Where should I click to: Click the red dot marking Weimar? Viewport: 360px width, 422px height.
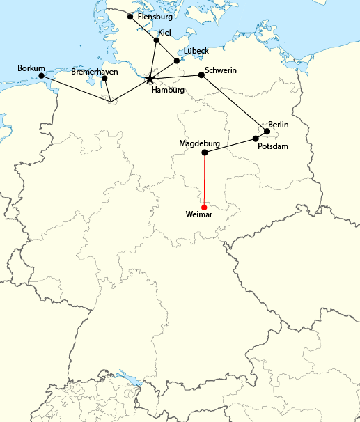[x=204, y=208]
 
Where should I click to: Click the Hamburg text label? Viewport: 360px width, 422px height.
[x=168, y=90]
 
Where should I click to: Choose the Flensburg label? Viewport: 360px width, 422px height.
[x=155, y=16]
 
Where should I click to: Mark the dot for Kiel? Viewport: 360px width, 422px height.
[x=157, y=40]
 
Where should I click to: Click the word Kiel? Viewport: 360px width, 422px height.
[x=165, y=32]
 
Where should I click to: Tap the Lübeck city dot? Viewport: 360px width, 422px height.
[x=177, y=61]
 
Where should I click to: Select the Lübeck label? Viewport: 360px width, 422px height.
[x=196, y=51]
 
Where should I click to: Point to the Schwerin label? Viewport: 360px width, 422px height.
[x=221, y=70]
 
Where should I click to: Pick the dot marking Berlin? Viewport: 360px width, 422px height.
[x=267, y=131]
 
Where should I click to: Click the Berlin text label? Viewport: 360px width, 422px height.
[x=278, y=124]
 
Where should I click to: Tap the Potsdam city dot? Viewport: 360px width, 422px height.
[x=256, y=139]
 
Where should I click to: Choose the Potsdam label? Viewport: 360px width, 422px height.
[x=272, y=147]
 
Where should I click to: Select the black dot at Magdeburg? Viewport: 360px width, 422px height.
[x=204, y=153]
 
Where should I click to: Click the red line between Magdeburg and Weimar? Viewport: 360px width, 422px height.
[x=204, y=180]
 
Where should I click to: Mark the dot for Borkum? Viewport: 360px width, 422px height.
[x=41, y=75]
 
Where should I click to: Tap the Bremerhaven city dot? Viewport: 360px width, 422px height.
[x=104, y=78]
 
